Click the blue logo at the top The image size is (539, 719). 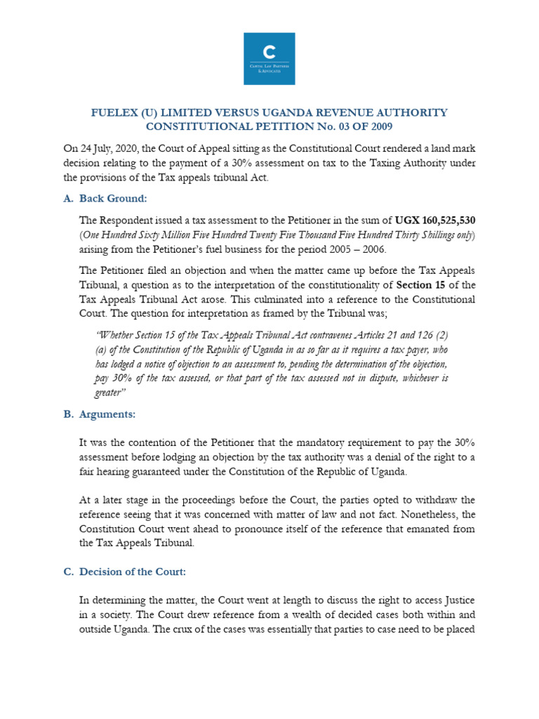point(269,58)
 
